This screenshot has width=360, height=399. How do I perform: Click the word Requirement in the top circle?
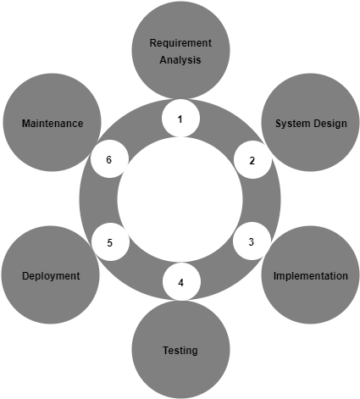(180, 43)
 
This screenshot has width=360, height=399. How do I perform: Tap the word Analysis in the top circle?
(180, 60)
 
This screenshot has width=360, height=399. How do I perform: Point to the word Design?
(330, 124)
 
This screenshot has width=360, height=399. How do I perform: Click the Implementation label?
(311, 276)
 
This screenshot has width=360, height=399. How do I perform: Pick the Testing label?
(180, 351)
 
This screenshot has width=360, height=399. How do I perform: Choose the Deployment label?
(51, 276)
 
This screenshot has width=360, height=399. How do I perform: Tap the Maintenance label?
(53, 124)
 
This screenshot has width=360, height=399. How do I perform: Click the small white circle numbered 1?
(180, 119)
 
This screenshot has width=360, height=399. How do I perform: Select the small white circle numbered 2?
(252, 159)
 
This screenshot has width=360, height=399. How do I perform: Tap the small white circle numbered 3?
(252, 241)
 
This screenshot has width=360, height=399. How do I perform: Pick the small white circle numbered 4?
(181, 281)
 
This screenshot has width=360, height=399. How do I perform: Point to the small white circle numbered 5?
(110, 242)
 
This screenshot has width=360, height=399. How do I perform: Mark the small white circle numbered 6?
(109, 158)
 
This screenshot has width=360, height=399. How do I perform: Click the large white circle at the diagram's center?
(180, 199)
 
